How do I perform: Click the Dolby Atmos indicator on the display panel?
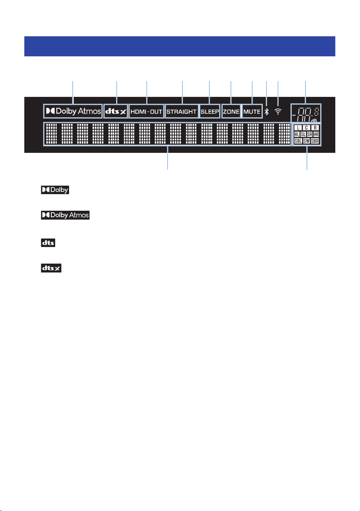pyautogui.click(x=73, y=111)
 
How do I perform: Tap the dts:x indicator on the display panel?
pyautogui.click(x=115, y=111)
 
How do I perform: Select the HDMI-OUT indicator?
pyautogui.click(x=146, y=111)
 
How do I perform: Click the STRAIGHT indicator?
pyautogui.click(x=182, y=111)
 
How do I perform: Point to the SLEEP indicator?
pyautogui.click(x=210, y=111)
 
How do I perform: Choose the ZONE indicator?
pyautogui.click(x=231, y=111)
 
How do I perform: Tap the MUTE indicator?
pyautogui.click(x=252, y=111)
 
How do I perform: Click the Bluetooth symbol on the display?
pyautogui.click(x=267, y=112)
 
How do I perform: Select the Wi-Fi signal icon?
pyautogui.click(x=278, y=111)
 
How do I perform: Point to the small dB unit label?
pyautogui.click(x=314, y=120)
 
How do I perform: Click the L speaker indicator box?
pyautogui.click(x=298, y=128)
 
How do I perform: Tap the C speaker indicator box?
pyautogui.click(x=306, y=128)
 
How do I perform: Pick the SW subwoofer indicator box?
pyautogui.click(x=306, y=141)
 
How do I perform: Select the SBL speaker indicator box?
pyautogui.click(x=298, y=141)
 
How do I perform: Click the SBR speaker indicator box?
pyautogui.click(x=315, y=141)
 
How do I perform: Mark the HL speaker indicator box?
pyautogui.click(x=297, y=134)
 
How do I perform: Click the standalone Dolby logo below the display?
pyautogui.click(x=55, y=190)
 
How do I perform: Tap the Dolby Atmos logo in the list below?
pyautogui.click(x=65, y=215)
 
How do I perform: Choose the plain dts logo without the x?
pyautogui.click(x=48, y=243)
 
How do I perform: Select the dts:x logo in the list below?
pyautogui.click(x=51, y=268)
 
